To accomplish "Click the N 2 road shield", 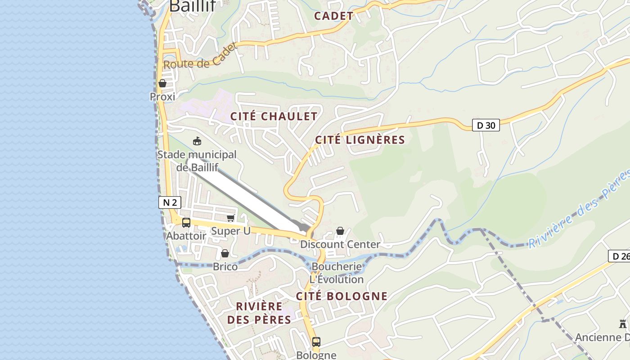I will (x=170, y=202).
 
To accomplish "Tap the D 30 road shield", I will (x=486, y=125).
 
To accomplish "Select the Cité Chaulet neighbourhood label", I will (x=274, y=116).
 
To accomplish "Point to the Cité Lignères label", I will (x=360, y=140).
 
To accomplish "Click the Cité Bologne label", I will (x=342, y=296).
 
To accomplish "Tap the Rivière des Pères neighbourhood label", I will (x=259, y=313).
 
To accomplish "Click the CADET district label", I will (x=334, y=16).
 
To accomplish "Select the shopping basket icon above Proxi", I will (x=162, y=83).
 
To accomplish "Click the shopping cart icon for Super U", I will (x=231, y=218).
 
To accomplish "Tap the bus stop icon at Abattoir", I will (x=186, y=223).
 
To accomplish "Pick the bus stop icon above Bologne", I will (x=316, y=342).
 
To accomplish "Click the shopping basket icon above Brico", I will (x=225, y=253).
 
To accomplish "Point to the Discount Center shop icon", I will (x=341, y=231).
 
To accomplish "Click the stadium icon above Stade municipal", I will (x=197, y=141).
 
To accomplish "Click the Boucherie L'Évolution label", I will (x=337, y=273).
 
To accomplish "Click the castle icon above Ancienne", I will (x=623, y=324).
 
